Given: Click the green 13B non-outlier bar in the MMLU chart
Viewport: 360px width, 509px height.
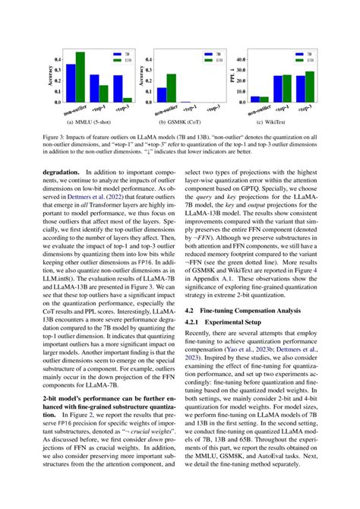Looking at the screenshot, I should click(80, 77).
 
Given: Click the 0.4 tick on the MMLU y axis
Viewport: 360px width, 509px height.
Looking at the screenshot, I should click(58, 58).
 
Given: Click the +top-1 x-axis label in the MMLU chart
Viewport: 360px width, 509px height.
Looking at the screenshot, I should click(101, 109).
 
